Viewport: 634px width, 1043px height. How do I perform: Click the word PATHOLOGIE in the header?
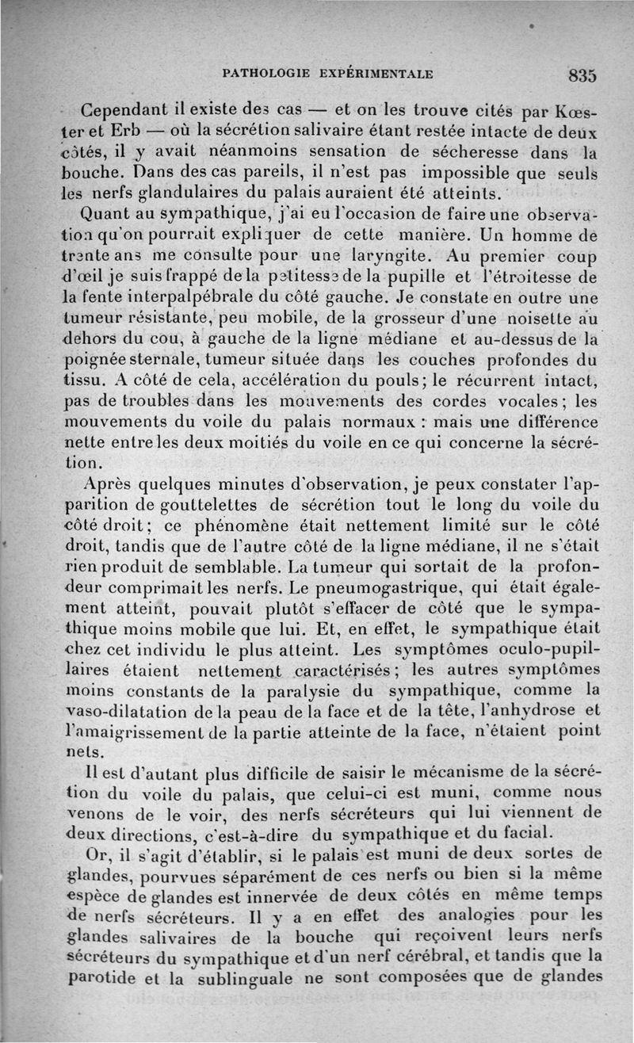tap(265, 74)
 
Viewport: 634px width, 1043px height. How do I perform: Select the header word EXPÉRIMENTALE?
tap(376, 74)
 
